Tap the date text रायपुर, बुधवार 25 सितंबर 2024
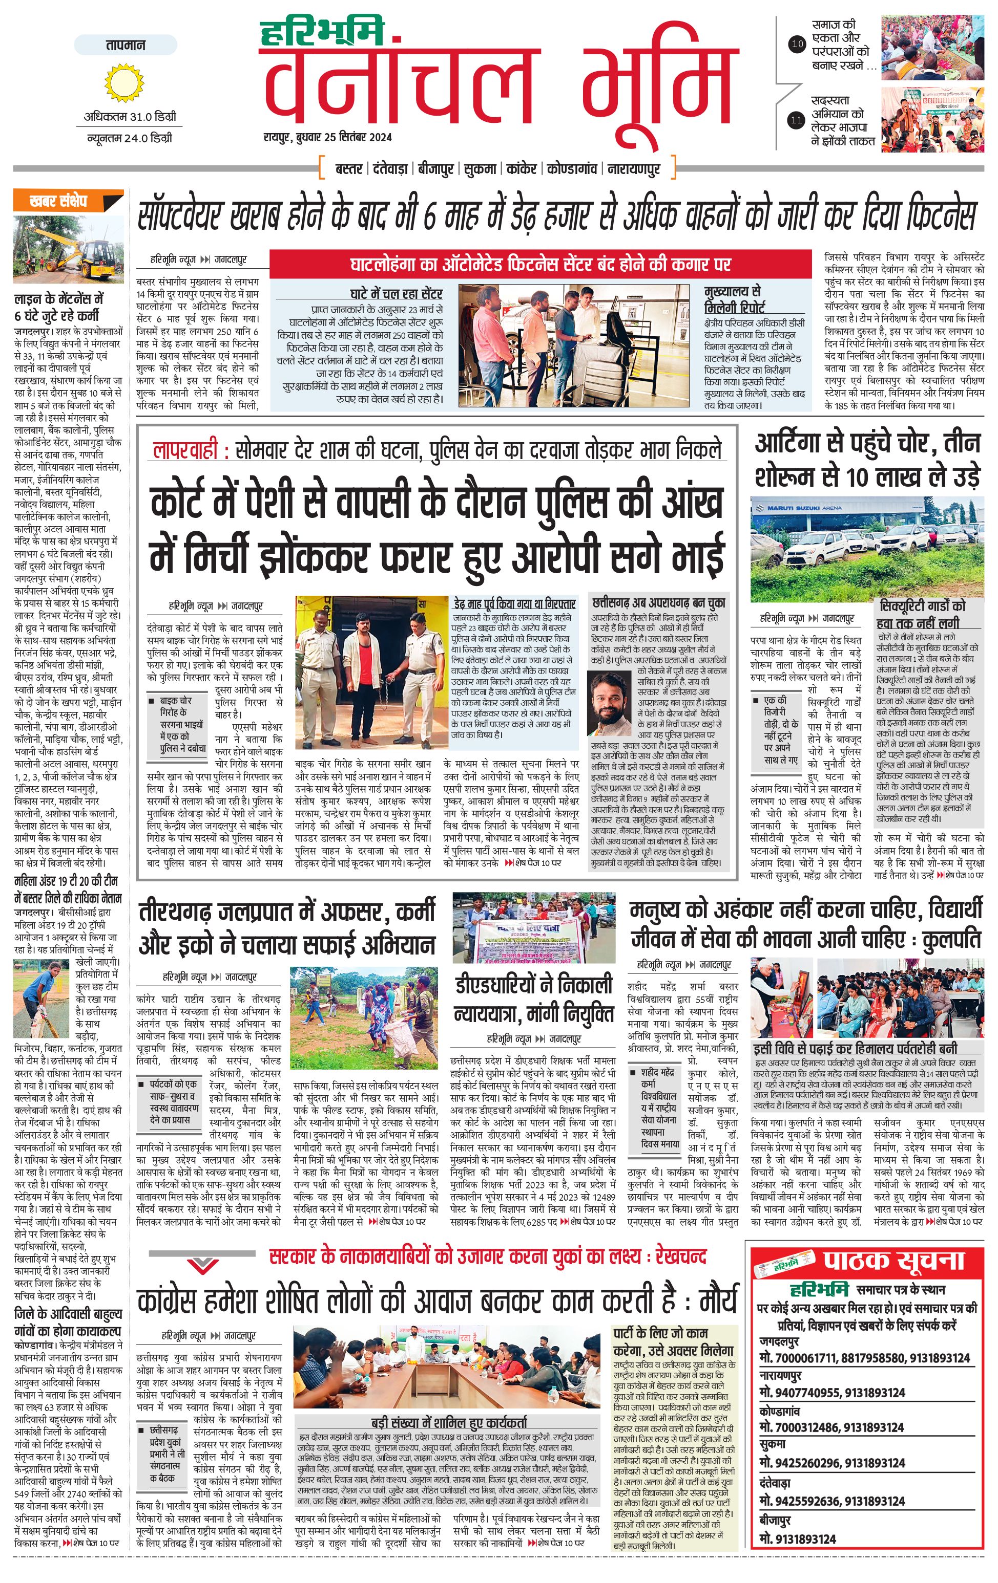pyautogui.click(x=327, y=137)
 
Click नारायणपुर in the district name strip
pyautogui.click(x=634, y=169)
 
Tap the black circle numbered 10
pyautogui.click(x=797, y=45)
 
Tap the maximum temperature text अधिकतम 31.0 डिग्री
pyautogui.click(x=130, y=117)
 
